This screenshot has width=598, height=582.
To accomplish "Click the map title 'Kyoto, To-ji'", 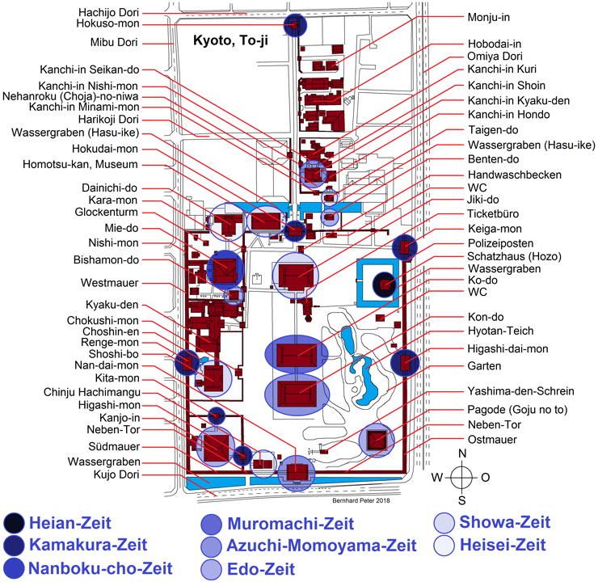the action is click(x=230, y=40).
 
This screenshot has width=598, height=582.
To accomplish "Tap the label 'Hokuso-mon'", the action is click(x=107, y=23).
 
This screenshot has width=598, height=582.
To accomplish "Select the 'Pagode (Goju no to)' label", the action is click(x=517, y=410).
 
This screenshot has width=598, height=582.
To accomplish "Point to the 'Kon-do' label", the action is click(x=486, y=317).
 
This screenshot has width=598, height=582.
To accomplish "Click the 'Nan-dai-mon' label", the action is click(x=107, y=365).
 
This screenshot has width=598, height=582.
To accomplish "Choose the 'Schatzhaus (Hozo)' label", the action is click(x=515, y=256).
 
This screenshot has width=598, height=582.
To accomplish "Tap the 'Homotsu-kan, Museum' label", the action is click(x=80, y=164).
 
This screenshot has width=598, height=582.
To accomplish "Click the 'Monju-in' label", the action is click(x=489, y=18).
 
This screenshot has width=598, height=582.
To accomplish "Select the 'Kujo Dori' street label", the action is click(x=116, y=474).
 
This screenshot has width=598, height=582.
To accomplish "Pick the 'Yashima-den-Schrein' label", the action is click(x=520, y=391).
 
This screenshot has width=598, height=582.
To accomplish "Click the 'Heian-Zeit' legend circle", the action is click(x=14, y=523).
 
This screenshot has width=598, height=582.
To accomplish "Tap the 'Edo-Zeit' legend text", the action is click(x=261, y=569).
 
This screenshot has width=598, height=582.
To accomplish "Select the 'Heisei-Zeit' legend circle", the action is click(x=444, y=546).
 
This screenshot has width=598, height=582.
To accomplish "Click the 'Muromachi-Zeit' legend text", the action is click(x=291, y=524).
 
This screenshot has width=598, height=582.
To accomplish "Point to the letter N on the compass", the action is click(x=462, y=453).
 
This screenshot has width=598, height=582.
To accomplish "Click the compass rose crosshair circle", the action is click(x=462, y=477).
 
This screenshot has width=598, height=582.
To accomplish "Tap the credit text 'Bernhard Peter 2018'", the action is click(x=361, y=500).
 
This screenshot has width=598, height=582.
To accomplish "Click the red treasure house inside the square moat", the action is click(x=385, y=285).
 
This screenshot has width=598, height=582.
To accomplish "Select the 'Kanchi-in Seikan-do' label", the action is click(x=90, y=70).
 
